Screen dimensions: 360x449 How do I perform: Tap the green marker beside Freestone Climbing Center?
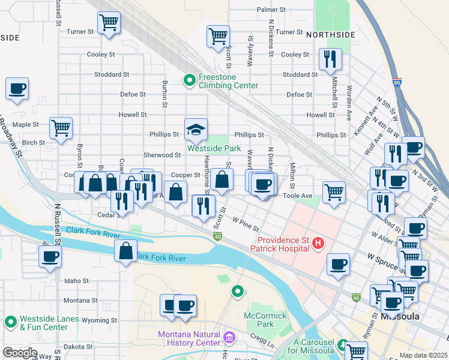point(190,79)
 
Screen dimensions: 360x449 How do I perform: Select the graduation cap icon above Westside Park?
point(196,128)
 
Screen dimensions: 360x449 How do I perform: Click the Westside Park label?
point(214,148)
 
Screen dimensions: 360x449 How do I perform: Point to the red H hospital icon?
point(318,243)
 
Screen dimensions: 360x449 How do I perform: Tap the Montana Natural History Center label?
point(188,338)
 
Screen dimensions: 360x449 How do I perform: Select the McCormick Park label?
point(262,320)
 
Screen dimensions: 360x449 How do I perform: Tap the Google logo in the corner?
point(19,353)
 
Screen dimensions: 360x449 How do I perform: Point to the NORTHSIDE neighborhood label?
point(327,35)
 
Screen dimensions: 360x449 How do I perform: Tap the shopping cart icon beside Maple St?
point(61,128)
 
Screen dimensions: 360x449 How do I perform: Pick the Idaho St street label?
point(76,281)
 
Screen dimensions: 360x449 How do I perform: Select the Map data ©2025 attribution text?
point(423,355)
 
